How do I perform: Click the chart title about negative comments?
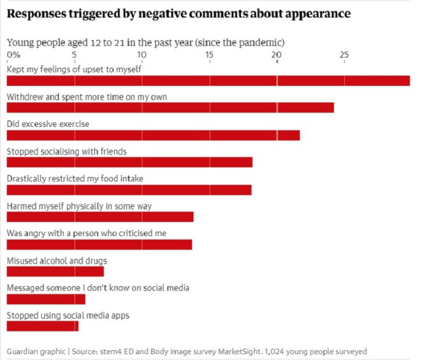point(178,14)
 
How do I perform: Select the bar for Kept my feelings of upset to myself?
point(208,80)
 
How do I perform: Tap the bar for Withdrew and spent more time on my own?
point(170,108)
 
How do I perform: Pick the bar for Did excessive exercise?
point(153,135)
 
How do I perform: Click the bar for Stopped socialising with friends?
point(129,162)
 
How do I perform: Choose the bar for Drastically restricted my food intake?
point(129,189)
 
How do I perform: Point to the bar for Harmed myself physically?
point(100,217)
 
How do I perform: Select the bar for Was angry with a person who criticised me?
point(99,244)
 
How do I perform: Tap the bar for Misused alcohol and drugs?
point(55,271)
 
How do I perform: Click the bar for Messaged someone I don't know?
point(46,299)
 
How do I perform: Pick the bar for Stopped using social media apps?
point(42,326)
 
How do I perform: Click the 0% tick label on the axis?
point(13,55)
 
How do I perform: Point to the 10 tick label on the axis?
point(141,55)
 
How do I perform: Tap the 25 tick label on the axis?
point(344,55)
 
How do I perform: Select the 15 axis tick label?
point(209,55)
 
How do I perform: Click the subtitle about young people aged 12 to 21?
point(146,43)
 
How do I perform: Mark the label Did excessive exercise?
point(48,124)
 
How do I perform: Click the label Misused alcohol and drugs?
point(57,261)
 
